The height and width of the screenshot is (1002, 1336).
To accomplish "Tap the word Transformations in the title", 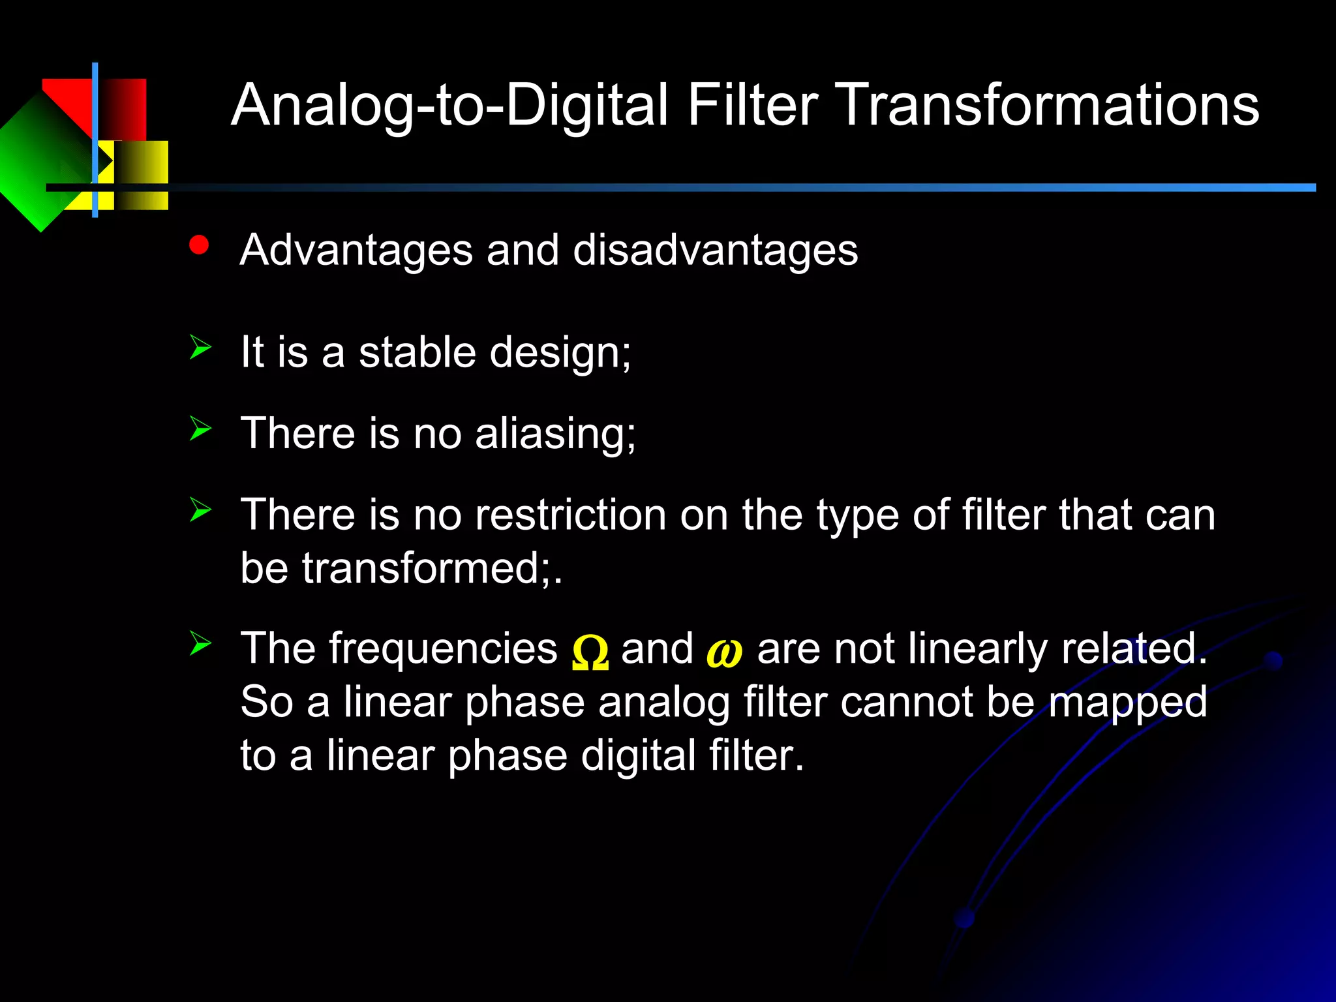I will point(1050,106).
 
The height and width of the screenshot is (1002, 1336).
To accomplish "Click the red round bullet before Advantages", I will point(198,245).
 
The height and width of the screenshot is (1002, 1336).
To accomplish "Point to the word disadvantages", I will point(715,250).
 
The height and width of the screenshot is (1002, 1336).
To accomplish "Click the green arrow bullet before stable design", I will point(200,347).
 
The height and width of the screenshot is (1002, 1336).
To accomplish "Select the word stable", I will point(417,352).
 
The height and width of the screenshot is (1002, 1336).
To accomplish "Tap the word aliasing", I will point(554,434).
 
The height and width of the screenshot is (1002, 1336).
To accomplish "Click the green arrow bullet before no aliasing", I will point(200,429).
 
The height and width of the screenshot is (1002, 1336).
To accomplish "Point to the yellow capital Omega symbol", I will point(590,653).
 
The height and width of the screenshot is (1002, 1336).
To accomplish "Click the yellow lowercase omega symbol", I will point(724,653).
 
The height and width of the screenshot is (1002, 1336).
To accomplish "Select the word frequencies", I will point(443,649).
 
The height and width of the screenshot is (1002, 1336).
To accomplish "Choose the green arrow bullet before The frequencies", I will point(200,643).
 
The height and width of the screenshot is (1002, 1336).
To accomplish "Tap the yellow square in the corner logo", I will point(140,175).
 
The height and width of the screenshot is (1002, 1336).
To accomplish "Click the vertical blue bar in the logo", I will point(95,140).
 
